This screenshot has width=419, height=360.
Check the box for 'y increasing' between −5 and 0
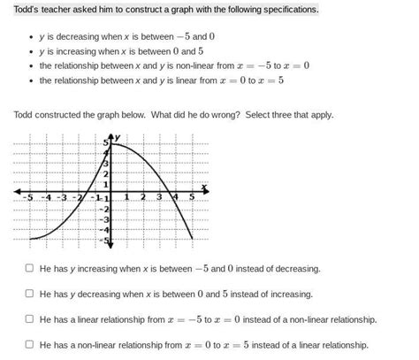coord(30,267)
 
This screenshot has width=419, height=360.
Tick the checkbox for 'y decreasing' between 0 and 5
coord(30,293)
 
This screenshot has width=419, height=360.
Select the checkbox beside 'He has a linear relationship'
coord(30,318)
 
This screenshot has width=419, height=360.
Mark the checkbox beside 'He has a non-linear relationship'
coord(30,344)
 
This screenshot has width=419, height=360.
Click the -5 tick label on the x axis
coord(28,197)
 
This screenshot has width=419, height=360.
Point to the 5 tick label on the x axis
coord(192,197)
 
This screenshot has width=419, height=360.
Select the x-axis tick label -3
coord(62,197)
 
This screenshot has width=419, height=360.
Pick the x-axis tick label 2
coord(143,197)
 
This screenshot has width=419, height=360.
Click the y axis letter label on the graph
coord(117,136)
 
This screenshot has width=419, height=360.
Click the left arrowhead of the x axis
coord(18,191)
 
